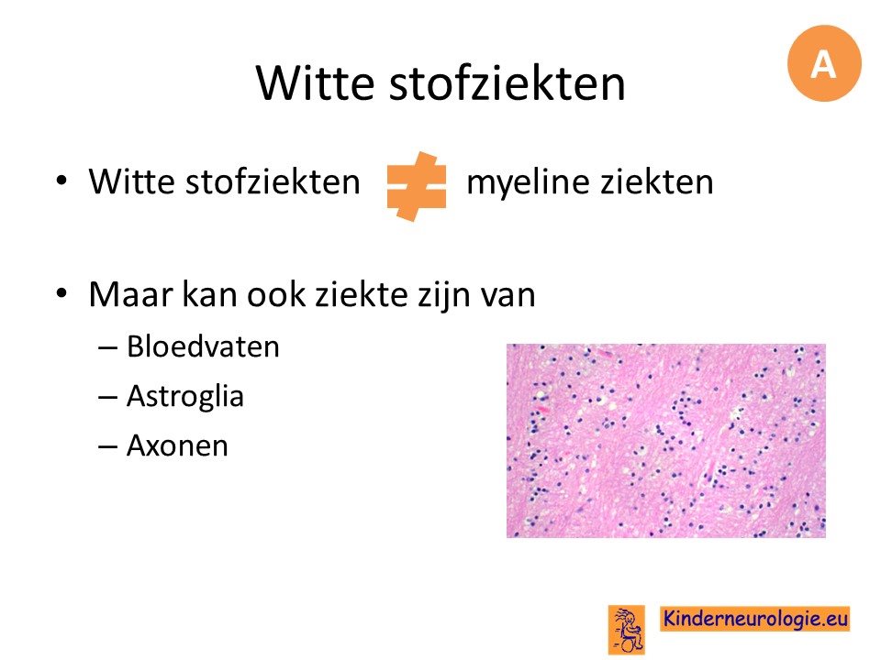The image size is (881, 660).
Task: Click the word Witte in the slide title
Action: [x=315, y=82]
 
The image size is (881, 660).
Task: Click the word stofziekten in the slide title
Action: [x=507, y=82]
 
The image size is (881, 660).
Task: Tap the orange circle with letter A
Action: [x=824, y=63]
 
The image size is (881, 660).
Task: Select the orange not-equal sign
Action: [x=417, y=186]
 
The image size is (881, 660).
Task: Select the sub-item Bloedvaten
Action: [x=203, y=346]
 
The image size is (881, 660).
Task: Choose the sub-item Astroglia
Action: [x=185, y=397]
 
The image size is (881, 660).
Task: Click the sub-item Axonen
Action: [x=177, y=445]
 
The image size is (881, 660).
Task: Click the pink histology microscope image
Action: [x=666, y=441]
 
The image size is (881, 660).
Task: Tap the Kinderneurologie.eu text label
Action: [x=754, y=619]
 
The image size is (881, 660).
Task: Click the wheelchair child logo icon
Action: [x=627, y=630]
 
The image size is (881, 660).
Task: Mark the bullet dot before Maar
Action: [x=61, y=293]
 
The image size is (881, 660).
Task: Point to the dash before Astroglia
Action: [x=107, y=397]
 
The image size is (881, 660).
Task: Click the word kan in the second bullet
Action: [x=209, y=294]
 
